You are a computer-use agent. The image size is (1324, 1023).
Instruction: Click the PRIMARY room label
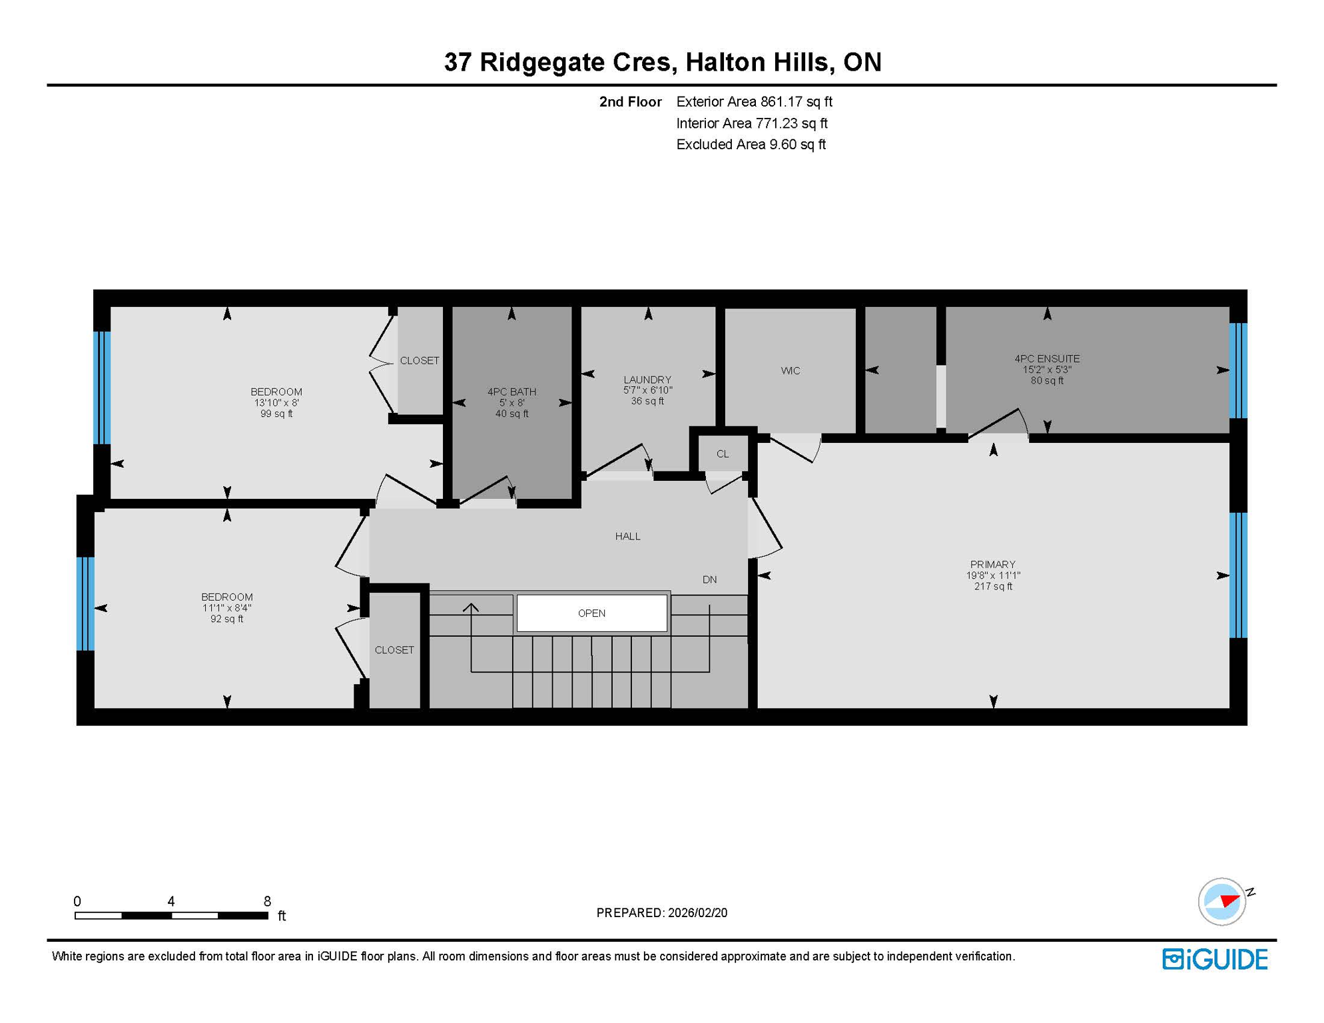click(992, 564)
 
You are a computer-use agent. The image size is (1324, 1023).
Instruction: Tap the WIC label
click(790, 371)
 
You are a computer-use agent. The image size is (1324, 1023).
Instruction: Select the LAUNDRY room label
click(647, 380)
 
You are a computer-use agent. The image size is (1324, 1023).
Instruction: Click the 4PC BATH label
click(511, 392)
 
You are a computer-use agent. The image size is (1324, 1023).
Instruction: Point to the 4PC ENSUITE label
click(1046, 358)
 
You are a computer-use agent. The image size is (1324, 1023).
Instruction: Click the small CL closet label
click(722, 454)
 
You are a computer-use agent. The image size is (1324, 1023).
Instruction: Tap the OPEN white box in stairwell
click(591, 613)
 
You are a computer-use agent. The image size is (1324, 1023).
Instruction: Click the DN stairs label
click(709, 579)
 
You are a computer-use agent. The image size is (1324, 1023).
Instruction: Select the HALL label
click(627, 536)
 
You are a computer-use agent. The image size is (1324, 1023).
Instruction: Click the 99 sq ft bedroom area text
click(276, 414)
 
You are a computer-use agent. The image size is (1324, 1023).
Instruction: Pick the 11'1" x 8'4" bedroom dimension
click(226, 608)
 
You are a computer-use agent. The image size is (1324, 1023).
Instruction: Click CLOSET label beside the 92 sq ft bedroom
click(394, 650)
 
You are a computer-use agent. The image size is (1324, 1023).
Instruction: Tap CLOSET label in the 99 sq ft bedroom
click(419, 360)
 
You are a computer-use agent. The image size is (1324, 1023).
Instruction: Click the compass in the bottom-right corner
click(1222, 902)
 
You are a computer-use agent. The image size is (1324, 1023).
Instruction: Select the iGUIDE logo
click(1215, 959)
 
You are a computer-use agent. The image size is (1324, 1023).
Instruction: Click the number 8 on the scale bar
click(267, 901)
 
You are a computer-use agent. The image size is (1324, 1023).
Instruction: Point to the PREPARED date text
click(661, 913)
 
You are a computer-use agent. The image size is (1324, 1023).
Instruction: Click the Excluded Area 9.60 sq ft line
click(751, 145)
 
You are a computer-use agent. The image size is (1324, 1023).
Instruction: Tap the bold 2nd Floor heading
click(630, 102)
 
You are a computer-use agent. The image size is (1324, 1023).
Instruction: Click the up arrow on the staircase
click(471, 608)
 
